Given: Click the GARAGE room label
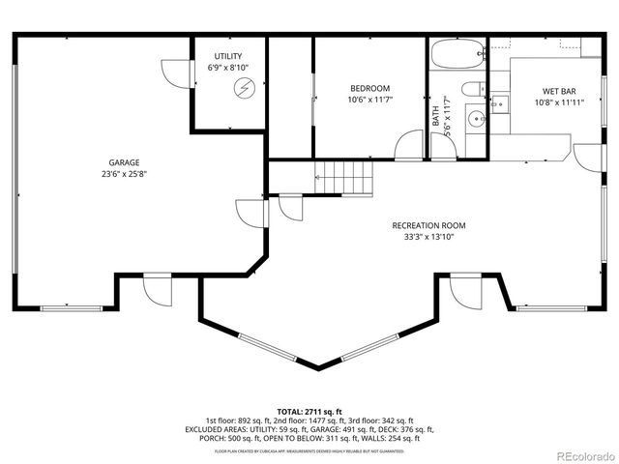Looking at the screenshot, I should pos(124,162).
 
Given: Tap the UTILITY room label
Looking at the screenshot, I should pos(228,56).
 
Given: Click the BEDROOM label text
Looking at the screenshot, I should pos(368,88).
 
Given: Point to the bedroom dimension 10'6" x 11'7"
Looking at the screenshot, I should pos(368,100).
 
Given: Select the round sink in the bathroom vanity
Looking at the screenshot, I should pos(475,120).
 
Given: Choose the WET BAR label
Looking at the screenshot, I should pos(559,92).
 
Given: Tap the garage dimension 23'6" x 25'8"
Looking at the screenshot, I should pos(124,174).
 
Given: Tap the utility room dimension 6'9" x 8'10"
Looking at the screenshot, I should pos(228,67).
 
